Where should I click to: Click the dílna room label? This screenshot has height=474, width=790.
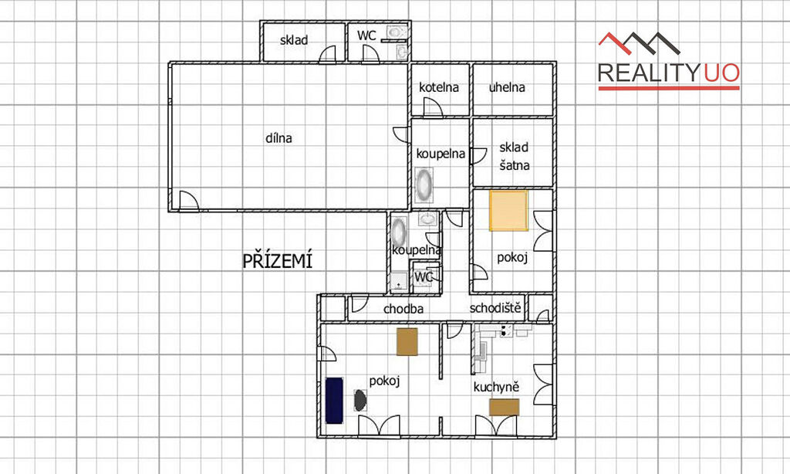pos(279,137)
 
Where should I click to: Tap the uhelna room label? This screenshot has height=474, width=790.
pos(507,87)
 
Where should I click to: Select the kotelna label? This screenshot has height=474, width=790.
pos(439,87)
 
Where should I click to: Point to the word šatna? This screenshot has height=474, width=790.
pos(514,165)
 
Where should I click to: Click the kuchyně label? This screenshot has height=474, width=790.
pos(496,388)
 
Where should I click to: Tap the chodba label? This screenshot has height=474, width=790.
pos(403,309)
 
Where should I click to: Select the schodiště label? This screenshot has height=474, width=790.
pos(495,307)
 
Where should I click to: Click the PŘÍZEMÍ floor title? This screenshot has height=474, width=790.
pos(278,260)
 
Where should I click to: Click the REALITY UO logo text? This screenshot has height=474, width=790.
pos(669,73)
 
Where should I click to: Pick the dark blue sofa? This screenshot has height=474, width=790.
pos(334,400)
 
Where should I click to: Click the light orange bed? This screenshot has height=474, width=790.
pos(509,210)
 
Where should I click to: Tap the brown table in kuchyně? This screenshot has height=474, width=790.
pos(505,407)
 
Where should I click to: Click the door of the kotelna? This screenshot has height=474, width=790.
pos(433,107)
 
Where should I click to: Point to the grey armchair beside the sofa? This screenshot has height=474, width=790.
pos(360,401)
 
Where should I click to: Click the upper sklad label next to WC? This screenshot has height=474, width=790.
pos(294,40)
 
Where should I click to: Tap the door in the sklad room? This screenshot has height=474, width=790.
pos(327,54)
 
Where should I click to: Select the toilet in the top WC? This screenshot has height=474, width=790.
pos(396,32)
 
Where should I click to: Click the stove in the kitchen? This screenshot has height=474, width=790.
pos(506,330)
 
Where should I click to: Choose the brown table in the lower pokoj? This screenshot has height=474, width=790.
pos(407,341)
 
